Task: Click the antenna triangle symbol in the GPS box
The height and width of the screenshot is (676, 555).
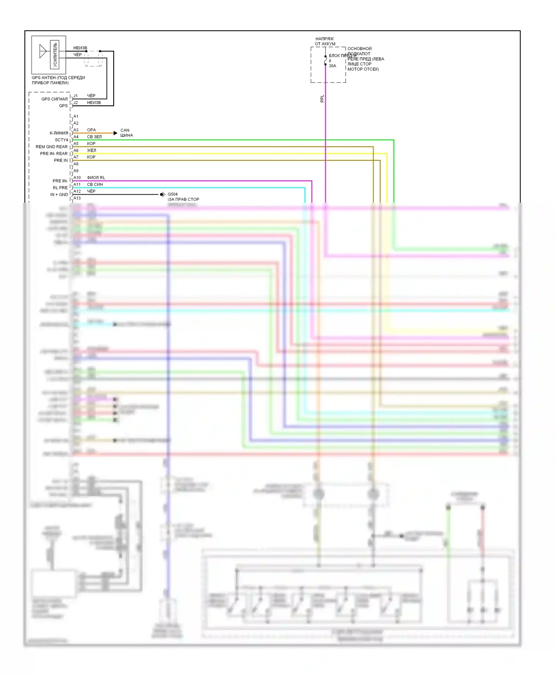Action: pyautogui.click(x=43, y=51)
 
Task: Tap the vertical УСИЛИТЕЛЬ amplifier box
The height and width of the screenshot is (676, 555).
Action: pyautogui.click(x=55, y=54)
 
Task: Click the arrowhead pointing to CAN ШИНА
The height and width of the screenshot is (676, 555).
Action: pyautogui.click(x=115, y=133)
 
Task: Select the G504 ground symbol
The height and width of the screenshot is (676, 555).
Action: pyautogui.click(x=162, y=195)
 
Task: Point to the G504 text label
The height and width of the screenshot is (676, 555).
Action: pyautogui.click(x=172, y=194)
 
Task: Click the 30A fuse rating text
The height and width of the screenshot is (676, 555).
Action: pyautogui.click(x=332, y=66)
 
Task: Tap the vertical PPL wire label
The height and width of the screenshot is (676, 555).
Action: pyautogui.click(x=322, y=98)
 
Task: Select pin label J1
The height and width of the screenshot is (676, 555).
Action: pyautogui.click(x=75, y=96)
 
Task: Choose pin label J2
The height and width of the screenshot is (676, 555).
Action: pyautogui.click(x=75, y=102)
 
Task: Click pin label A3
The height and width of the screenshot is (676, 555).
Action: pyautogui.click(x=76, y=130)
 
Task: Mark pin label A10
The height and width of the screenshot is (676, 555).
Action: pyautogui.click(x=77, y=178)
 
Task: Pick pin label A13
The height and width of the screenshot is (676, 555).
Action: pyautogui.click(x=77, y=198)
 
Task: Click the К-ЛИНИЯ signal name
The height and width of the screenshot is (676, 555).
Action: pyautogui.click(x=59, y=133)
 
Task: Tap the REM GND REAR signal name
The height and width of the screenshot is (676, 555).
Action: pyautogui.click(x=51, y=147)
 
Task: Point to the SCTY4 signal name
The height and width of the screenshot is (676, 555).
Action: pyautogui.click(x=61, y=140)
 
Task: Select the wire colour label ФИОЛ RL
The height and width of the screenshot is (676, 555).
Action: pyautogui.click(x=96, y=178)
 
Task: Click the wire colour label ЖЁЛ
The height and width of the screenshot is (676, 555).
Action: pyautogui.click(x=91, y=150)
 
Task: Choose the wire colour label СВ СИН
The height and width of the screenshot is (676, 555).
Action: pyautogui.click(x=95, y=184)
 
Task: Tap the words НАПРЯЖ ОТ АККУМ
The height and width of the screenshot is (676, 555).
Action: pyautogui.click(x=325, y=41)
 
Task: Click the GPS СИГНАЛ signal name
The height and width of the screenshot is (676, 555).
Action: pyautogui.click(x=54, y=99)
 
